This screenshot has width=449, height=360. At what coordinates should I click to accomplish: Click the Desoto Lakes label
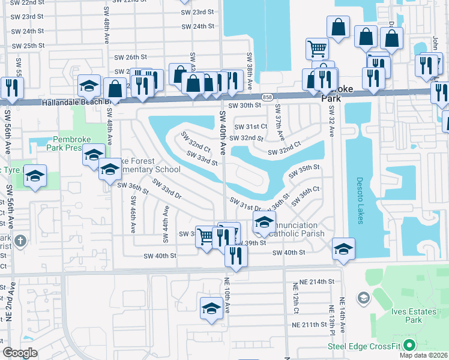(360, 200)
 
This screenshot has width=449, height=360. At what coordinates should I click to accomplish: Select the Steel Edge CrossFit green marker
(410, 346)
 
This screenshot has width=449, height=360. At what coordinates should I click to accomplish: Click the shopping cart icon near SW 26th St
(318, 48)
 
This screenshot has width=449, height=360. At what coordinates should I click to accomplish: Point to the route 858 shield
(268, 97)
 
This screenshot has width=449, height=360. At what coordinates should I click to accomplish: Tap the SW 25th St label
(28, 46)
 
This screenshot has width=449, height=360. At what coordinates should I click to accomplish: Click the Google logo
(20, 353)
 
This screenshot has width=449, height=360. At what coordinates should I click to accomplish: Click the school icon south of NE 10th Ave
(211, 308)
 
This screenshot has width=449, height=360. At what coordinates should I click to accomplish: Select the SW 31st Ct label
(250, 127)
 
